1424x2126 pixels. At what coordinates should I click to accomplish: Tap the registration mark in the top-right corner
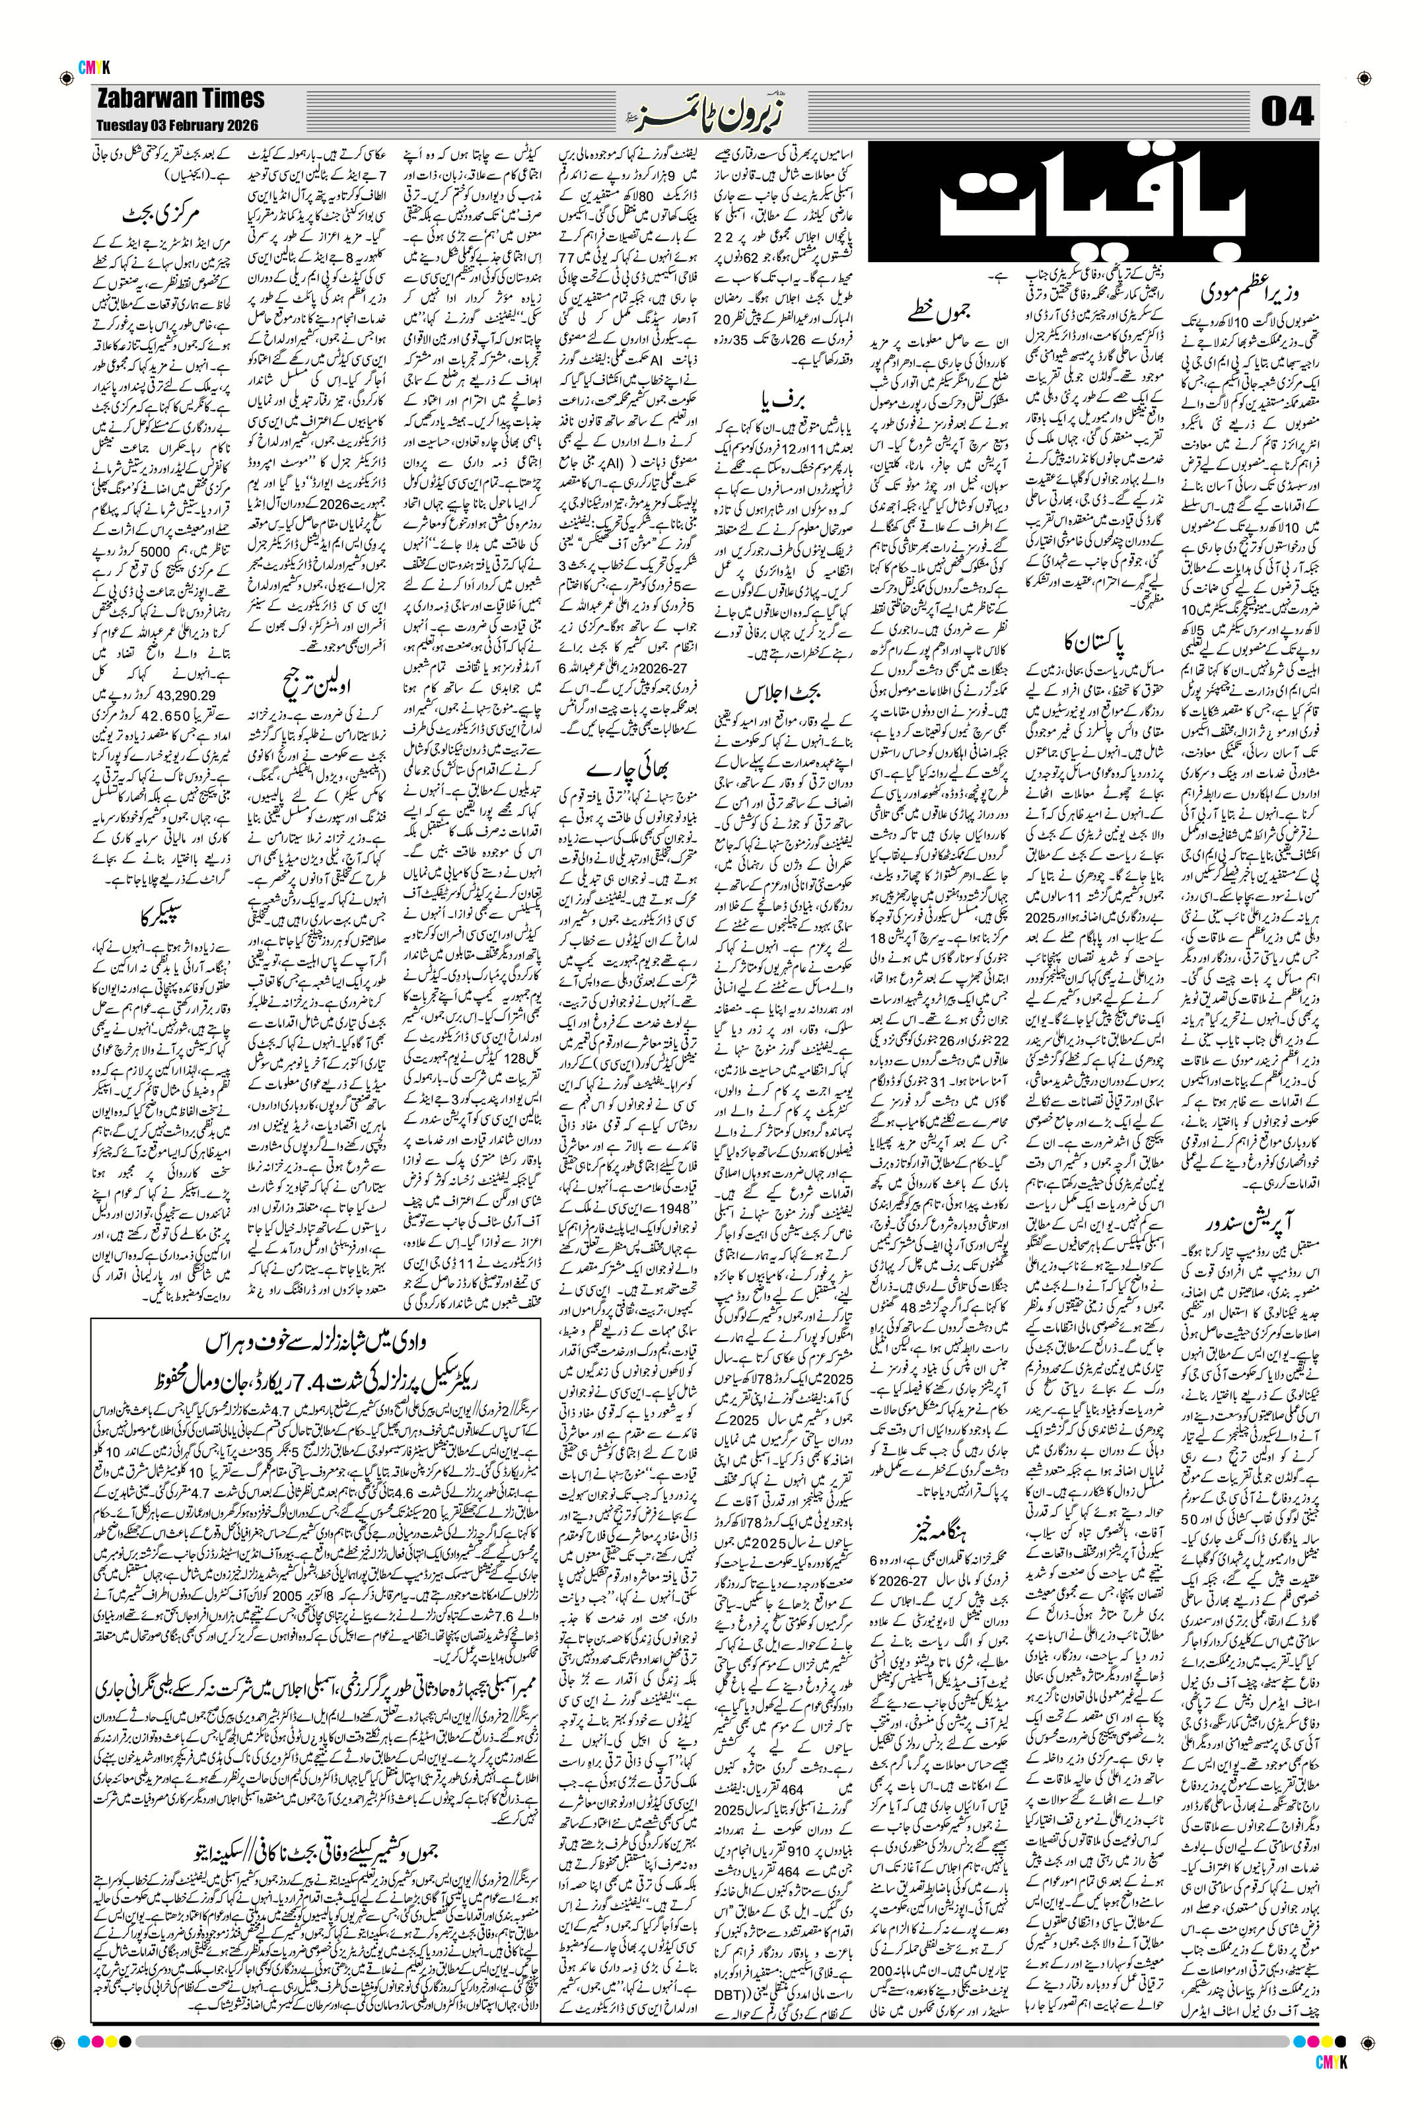[1364, 75]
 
